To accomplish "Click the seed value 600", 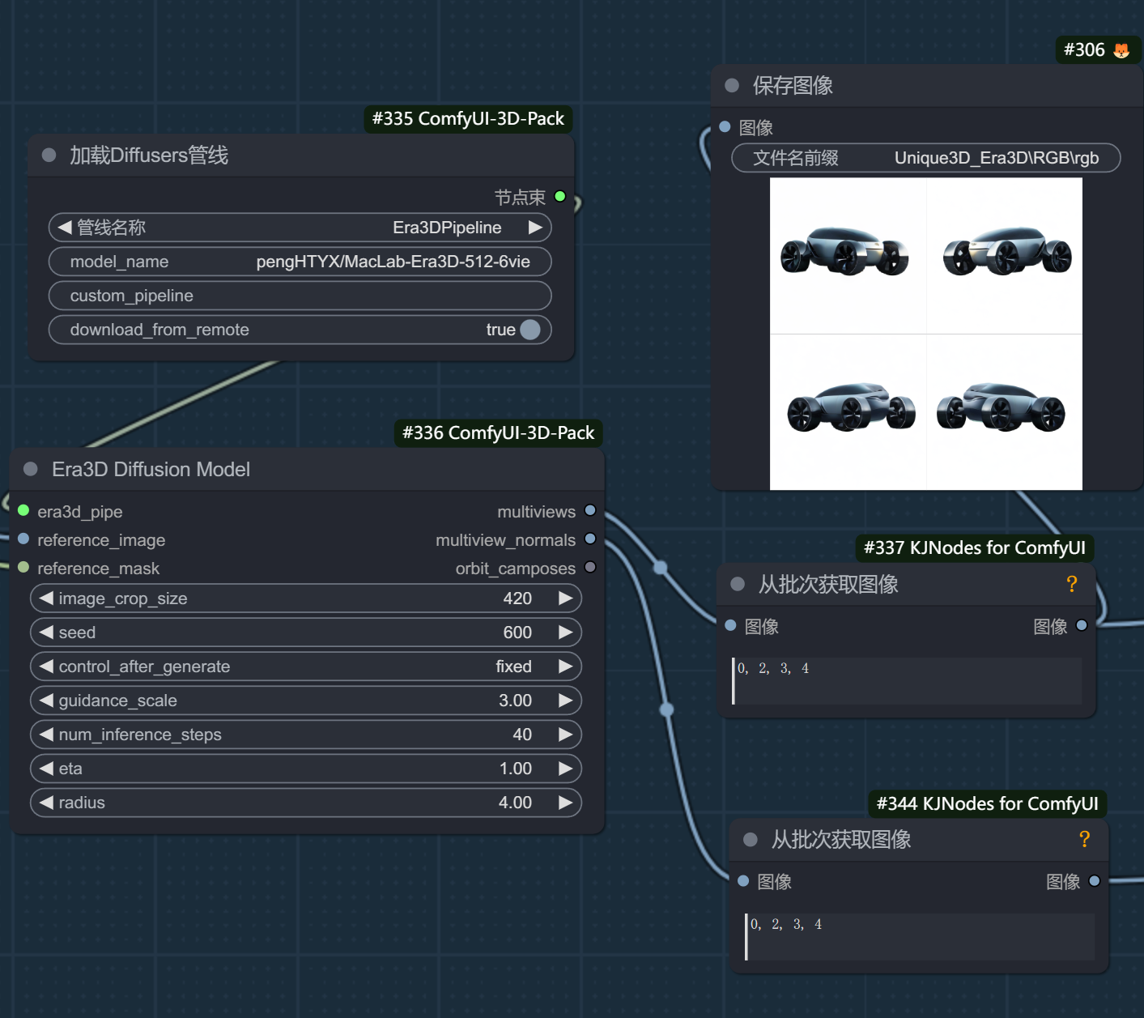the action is coord(517,633).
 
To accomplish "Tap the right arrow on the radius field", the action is coord(565,803).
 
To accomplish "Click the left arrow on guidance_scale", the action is coord(46,701).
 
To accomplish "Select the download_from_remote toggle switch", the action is coord(530,330).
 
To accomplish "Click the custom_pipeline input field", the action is coord(300,296).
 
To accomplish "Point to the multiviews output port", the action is coord(590,511).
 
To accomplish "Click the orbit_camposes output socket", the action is coord(590,567).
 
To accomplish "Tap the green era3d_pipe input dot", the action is coord(23,511).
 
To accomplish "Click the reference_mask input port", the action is coord(23,567).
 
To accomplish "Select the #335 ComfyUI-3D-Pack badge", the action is coord(468,118).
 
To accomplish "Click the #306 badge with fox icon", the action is coord(1096,49).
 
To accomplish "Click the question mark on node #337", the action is coord(1072,584).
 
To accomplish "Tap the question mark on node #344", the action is coord(1084,839).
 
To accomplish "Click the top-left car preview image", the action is coord(848,256).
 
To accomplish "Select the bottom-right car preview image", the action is coord(1005,412).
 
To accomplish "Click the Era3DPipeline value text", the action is coord(447,228).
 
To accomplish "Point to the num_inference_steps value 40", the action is coord(522,735).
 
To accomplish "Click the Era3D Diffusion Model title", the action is coord(151,470).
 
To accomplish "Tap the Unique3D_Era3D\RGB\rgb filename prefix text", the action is coord(996,158).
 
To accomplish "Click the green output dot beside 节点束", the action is coord(560,196).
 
